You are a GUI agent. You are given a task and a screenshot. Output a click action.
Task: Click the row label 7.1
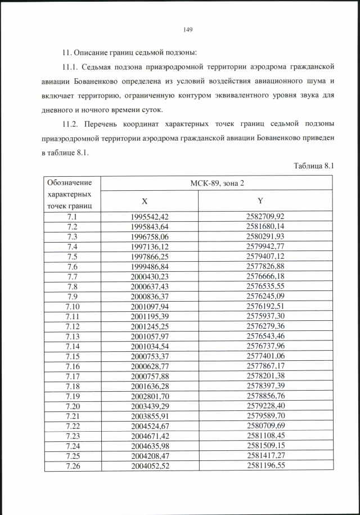[x=71, y=216]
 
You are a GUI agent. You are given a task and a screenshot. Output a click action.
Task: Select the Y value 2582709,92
[x=265, y=216]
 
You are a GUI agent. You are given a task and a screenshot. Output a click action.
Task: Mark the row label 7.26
[x=71, y=465]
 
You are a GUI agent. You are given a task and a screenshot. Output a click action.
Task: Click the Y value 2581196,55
[x=265, y=465]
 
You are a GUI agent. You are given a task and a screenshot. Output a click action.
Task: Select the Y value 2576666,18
[x=265, y=276]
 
